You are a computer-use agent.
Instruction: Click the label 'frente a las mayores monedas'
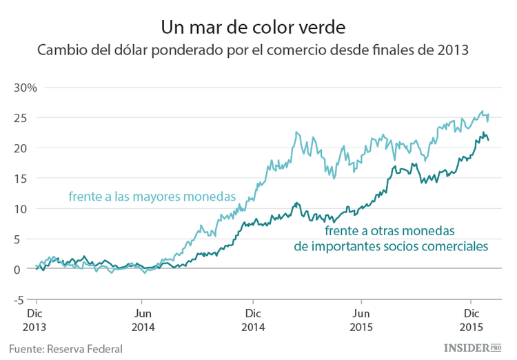152,197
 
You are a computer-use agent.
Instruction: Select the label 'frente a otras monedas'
390,231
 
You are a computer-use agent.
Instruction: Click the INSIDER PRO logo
477,347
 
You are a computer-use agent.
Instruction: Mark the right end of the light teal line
488,114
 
